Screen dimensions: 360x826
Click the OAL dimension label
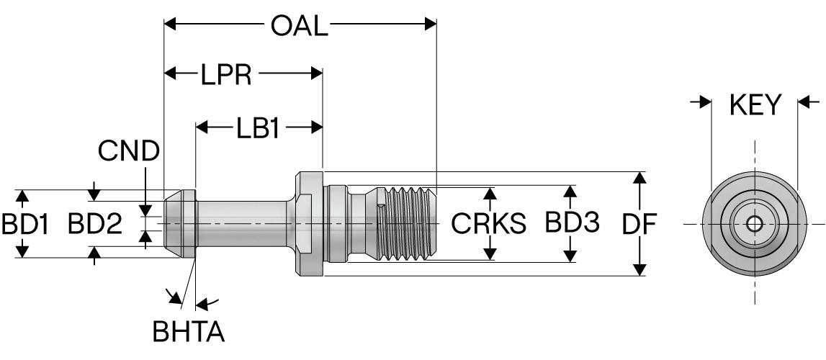coord(299,26)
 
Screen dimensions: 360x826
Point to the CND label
coord(130,153)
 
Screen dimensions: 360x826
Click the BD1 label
coord(24,225)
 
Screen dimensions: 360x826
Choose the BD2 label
coord(95,225)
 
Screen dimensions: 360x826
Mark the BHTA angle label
coord(188,333)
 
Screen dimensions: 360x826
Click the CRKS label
coord(489,224)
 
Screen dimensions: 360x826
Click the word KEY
coord(755,105)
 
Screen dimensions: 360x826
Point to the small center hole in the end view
coord(754,225)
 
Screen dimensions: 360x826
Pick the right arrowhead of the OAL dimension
coord(431,24)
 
